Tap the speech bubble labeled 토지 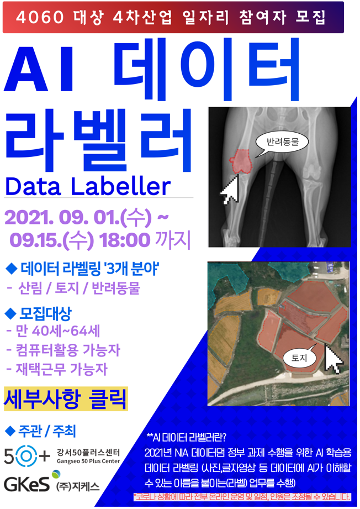pyautogui.click(x=298, y=358)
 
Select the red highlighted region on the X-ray pyautogui.click(x=242, y=161)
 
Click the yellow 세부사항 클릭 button pyautogui.click(x=66, y=398)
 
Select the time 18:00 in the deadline pyautogui.click(x=125, y=240)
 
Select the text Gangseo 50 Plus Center pyautogui.click(x=88, y=461)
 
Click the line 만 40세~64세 pyautogui.click(x=53, y=332)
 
